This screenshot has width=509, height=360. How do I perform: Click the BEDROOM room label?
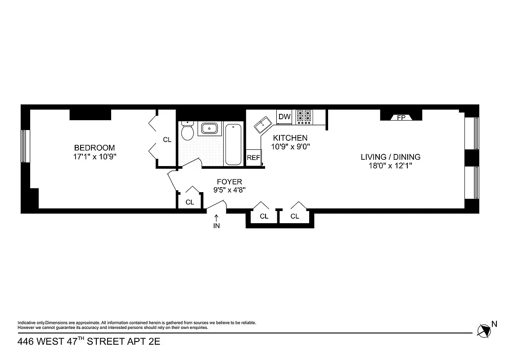point(94,148)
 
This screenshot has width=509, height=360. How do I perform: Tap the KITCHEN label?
point(290,138)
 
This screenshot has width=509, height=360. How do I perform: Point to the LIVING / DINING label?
point(390,157)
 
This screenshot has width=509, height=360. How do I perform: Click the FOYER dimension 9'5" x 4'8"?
point(229,190)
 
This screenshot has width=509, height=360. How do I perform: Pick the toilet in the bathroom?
point(187,131)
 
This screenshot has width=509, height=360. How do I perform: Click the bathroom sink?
point(209,128)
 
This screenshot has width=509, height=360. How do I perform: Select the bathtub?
point(233,144)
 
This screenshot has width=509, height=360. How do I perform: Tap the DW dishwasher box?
point(284,117)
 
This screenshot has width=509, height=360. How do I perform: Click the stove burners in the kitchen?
point(303,117)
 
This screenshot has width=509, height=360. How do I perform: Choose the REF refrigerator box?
point(253,158)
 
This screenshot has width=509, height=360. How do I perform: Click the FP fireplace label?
point(401,118)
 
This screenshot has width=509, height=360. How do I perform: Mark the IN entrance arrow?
point(216,220)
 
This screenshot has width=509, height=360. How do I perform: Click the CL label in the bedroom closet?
point(167,140)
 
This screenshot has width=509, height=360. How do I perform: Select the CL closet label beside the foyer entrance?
point(189,202)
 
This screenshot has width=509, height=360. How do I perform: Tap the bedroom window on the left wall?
point(25,146)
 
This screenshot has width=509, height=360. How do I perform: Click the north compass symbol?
point(484,330)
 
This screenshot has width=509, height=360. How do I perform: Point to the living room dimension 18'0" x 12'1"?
point(390,166)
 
